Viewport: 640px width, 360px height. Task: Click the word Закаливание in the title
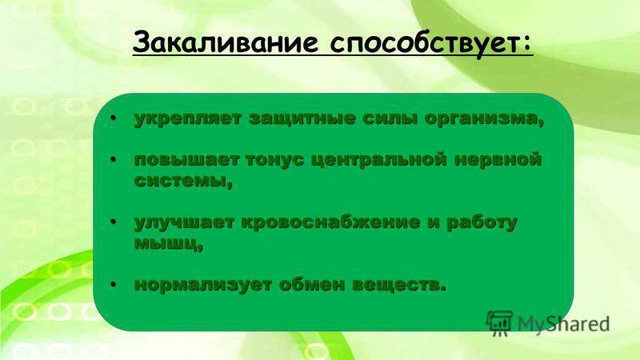tap(225, 42)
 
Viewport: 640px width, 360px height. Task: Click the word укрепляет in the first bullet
tap(188, 118)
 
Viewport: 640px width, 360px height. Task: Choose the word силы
tap(390, 118)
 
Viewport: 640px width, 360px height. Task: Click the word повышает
tap(186, 159)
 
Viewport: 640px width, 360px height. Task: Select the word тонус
tap(275, 160)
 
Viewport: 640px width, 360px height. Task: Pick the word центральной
tap(379, 160)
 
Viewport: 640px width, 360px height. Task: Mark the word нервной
tap(498, 159)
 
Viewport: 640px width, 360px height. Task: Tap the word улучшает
tap(185, 223)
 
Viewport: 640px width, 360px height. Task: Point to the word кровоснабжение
tap(330, 223)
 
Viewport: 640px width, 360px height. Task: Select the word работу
tap(482, 223)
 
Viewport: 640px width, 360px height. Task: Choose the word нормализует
tap(203, 285)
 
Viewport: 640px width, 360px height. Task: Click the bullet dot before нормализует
tap(113, 285)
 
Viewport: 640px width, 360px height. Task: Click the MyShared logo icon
tap(499, 323)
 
